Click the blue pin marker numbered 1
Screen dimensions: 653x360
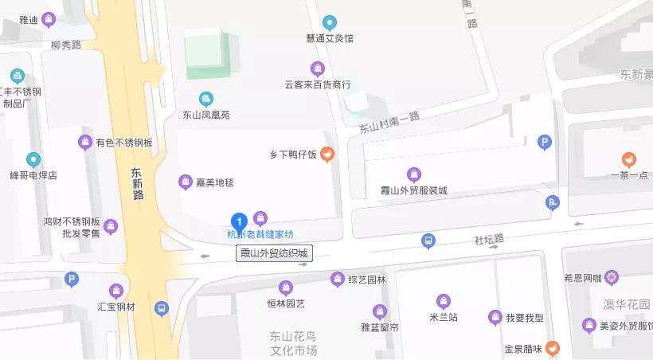237,222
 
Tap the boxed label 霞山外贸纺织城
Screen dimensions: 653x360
273,254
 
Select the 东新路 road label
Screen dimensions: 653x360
137,182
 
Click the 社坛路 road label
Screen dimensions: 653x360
489,239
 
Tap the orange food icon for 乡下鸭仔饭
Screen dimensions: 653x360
326,154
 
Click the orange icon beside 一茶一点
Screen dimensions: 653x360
628,159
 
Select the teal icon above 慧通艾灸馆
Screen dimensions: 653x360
329,22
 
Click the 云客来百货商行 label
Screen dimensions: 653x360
318,84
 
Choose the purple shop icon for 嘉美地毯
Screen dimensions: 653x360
185,182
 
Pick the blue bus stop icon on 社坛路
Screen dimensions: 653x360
428,240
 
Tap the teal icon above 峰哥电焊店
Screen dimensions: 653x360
33,159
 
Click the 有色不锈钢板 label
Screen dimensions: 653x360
123,143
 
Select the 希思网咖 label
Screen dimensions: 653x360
582,278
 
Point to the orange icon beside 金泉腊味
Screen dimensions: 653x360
553,348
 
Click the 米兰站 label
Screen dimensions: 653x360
443,317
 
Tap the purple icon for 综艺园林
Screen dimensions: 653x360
337,279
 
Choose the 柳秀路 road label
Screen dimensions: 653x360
65,45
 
